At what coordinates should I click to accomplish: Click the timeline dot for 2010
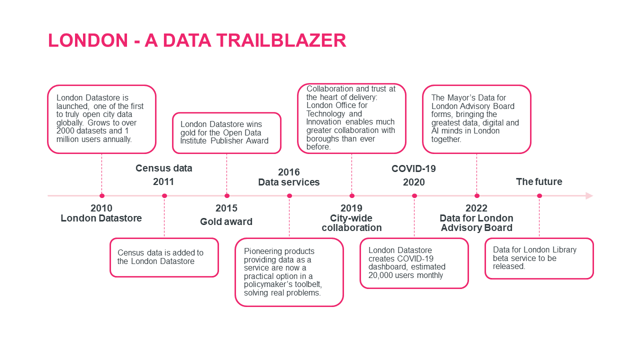tap(102, 195)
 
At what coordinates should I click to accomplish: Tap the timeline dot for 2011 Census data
tap(164, 195)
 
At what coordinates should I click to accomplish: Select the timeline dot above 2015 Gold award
tap(227, 195)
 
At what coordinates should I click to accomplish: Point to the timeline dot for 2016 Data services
tap(289, 195)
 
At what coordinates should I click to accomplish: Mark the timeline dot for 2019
tap(352, 195)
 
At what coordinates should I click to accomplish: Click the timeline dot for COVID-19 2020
tap(414, 195)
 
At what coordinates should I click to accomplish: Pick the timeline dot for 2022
tap(477, 195)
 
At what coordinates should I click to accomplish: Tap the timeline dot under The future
tap(539, 195)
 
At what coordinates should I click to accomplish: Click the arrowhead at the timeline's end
tap(589, 195)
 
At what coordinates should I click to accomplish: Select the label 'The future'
tap(539, 182)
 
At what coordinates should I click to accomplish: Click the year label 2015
tap(226, 208)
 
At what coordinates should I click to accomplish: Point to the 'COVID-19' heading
tap(413, 169)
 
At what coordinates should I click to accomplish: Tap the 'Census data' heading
tap(163, 168)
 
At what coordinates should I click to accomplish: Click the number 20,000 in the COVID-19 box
tap(381, 275)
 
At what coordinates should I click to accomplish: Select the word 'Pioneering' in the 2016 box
tap(262, 251)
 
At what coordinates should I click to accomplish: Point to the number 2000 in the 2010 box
tap(66, 131)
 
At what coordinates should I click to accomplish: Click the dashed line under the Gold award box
tap(227, 172)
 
